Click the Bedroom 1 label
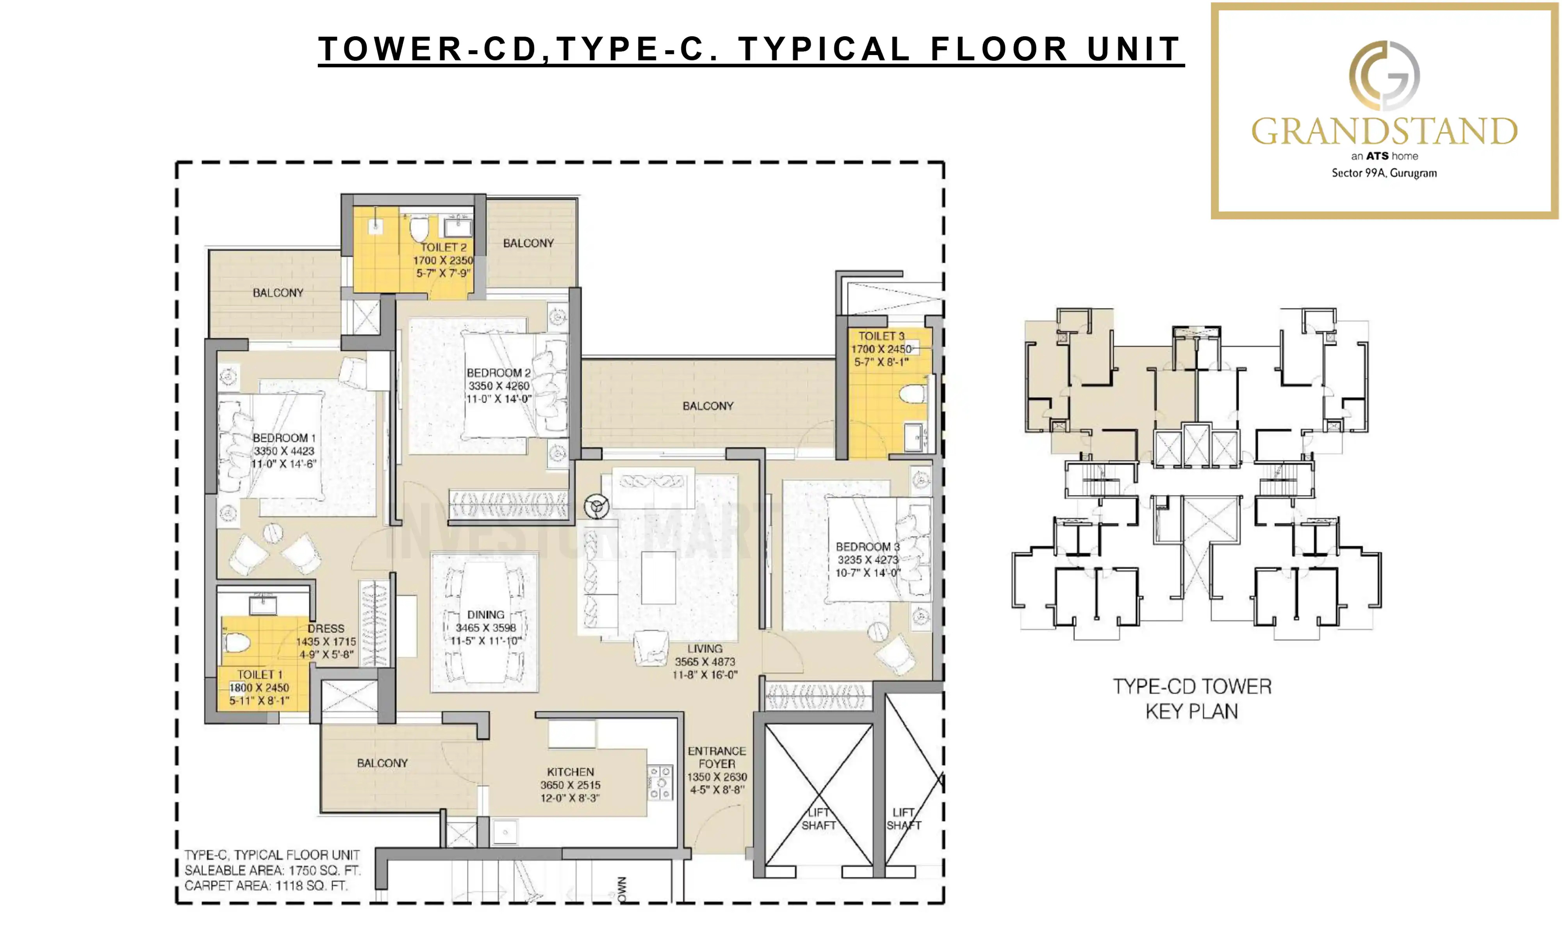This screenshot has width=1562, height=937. [284, 438]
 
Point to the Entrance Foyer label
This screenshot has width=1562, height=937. [717, 757]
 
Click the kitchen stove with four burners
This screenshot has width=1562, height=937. [660, 783]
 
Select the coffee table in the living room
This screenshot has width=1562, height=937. [658, 577]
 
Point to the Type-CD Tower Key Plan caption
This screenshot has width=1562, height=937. [1191, 699]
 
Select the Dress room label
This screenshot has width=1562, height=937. [326, 628]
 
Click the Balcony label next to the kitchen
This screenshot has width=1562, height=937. [382, 763]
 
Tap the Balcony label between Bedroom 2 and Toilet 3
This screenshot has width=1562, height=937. [707, 406]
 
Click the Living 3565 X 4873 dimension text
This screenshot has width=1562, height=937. [704, 662]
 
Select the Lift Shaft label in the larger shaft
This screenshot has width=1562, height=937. [818, 819]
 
